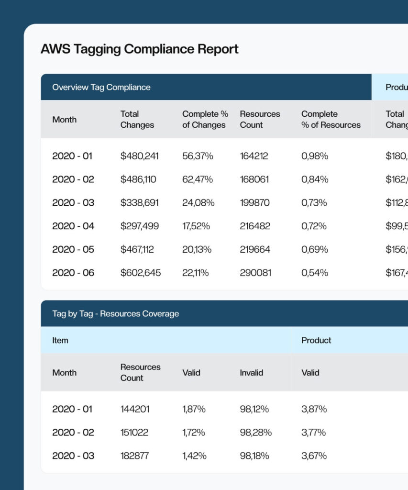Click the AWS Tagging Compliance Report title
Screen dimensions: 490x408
click(139, 49)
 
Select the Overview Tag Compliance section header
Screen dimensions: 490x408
click(101, 87)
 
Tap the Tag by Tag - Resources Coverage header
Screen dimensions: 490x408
click(115, 314)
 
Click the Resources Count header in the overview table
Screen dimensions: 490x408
click(260, 119)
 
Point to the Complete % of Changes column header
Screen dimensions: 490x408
click(205, 119)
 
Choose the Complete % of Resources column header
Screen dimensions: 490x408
click(331, 119)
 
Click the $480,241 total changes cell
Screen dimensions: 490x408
click(139, 156)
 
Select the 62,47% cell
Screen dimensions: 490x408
click(198, 179)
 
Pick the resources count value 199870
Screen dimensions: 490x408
click(254, 203)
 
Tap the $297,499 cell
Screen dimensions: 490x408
click(139, 226)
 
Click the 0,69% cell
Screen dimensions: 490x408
click(314, 249)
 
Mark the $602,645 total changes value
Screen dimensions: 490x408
click(140, 273)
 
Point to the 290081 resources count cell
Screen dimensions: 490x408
click(255, 273)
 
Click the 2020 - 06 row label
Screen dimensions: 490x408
click(73, 273)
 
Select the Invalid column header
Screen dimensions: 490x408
click(251, 373)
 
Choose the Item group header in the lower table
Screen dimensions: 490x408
click(60, 340)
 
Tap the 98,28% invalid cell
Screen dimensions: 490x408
click(255, 433)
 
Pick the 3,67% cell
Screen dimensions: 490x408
click(314, 456)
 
